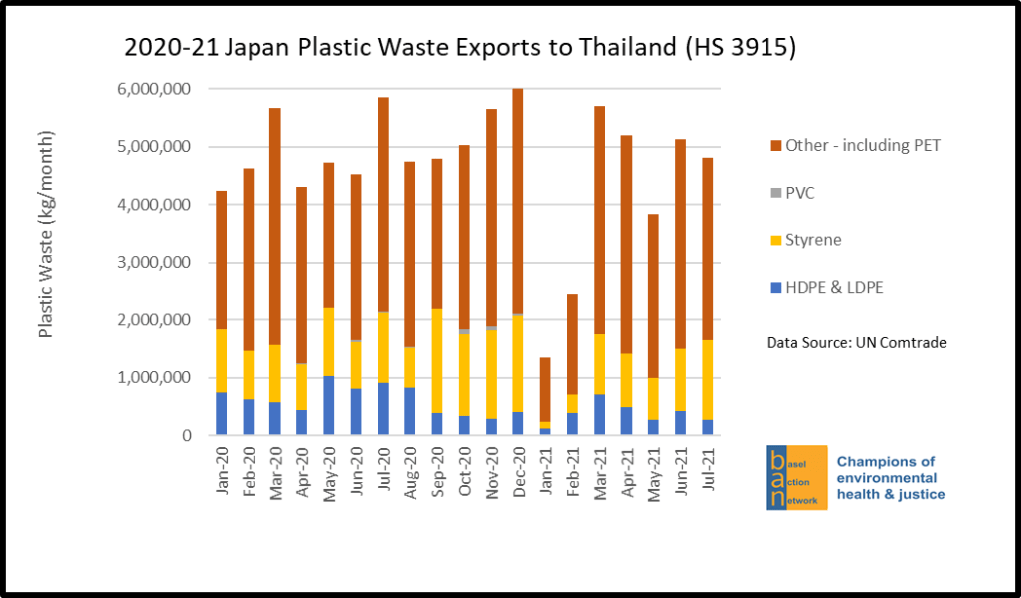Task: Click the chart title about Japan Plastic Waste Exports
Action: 459,48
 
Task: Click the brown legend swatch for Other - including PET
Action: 770,146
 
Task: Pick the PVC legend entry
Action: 800,193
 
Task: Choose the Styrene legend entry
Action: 810,240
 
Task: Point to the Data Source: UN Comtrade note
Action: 856,342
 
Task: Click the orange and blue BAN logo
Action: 796,478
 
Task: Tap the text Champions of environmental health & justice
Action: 890,478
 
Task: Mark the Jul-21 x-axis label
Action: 708,469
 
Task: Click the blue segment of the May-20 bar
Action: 329,405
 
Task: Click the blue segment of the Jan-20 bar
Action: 221,413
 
